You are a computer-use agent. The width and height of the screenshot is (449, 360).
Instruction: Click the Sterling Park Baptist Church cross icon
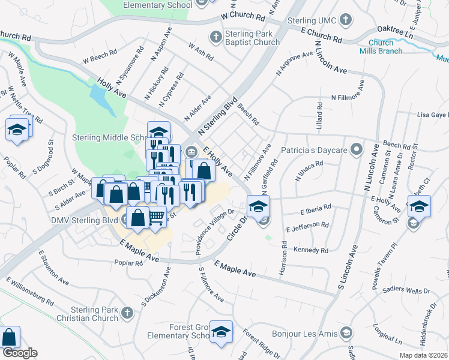215,37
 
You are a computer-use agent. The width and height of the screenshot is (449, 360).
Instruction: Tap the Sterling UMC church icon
345,21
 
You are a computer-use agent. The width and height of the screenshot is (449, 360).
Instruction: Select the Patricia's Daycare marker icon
357,148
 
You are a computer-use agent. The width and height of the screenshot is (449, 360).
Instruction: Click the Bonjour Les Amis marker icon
346,332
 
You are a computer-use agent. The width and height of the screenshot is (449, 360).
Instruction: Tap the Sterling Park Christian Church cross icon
127,313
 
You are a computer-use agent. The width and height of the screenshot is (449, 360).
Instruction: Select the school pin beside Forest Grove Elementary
221,333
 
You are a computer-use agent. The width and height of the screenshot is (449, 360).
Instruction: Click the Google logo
20,353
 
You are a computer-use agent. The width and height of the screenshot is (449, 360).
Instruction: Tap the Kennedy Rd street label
311,250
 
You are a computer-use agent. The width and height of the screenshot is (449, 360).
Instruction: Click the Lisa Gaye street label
432,115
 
